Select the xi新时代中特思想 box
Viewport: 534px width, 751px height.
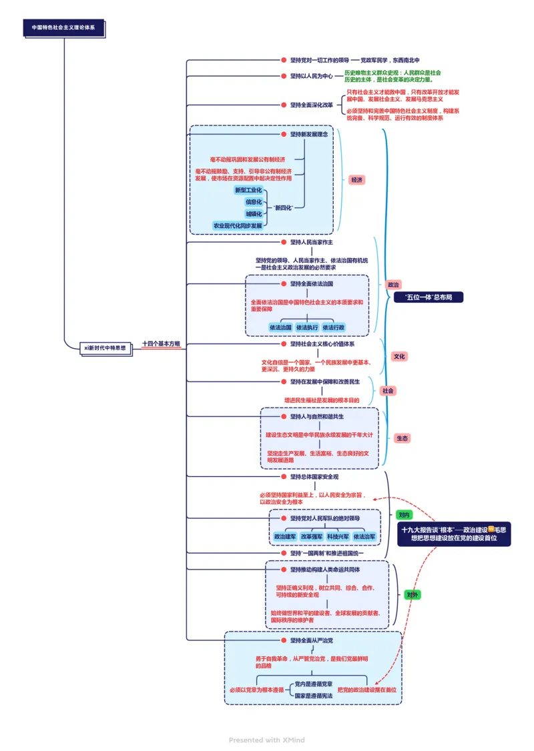pyautogui.click(x=104, y=347)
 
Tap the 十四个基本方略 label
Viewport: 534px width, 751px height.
pyautogui.click(x=161, y=344)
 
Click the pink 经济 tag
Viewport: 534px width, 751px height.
pyautogui.click(x=356, y=180)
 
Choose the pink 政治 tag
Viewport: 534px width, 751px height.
pyautogui.click(x=394, y=284)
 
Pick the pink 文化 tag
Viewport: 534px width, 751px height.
pyautogui.click(x=399, y=356)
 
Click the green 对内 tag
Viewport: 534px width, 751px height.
pyautogui.click(x=403, y=515)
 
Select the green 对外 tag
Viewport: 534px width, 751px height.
pyautogui.click(x=413, y=594)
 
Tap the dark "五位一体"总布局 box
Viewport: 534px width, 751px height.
pyautogui.click(x=429, y=297)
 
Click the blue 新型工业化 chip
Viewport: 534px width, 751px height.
pyautogui.click(x=248, y=190)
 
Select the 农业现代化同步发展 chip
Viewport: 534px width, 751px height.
pyautogui.click(x=238, y=225)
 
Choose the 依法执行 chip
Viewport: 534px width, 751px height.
pyautogui.click(x=307, y=327)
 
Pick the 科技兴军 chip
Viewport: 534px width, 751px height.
pyautogui.click(x=338, y=536)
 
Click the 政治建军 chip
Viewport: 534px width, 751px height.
pyautogui.click(x=285, y=536)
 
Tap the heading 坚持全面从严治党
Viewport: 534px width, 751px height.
pyautogui.click(x=312, y=640)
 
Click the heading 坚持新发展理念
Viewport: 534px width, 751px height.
pyautogui.click(x=308, y=134)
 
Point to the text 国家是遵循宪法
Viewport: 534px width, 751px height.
pyautogui.click(x=314, y=695)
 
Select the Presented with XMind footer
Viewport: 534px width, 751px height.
pyautogui.click(x=267, y=740)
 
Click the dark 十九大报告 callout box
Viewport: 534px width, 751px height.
pyautogui.click(x=454, y=533)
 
